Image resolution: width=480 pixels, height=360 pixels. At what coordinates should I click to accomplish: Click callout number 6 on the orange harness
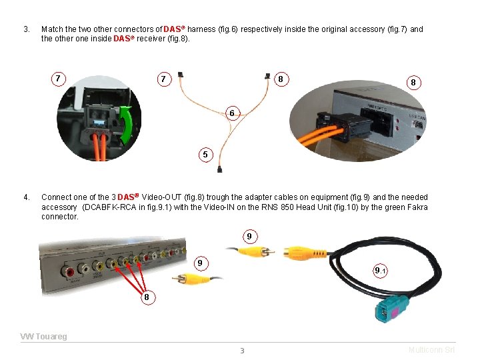pos(231,114)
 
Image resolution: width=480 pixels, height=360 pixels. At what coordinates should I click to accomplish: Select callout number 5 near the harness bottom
pos(206,155)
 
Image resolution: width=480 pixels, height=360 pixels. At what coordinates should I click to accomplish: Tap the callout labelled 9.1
pos(381,270)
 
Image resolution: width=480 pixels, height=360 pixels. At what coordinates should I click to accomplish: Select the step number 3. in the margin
pos(27,29)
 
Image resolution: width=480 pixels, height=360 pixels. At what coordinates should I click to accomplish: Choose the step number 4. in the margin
pos(27,197)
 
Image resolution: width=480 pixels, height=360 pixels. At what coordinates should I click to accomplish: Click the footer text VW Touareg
pos(44,337)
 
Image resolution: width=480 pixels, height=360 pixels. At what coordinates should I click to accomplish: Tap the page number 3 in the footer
pos(242,351)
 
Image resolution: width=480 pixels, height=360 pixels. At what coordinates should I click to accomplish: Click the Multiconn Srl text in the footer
pos(431,350)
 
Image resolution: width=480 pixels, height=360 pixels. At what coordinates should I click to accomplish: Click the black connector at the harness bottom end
pos(219,171)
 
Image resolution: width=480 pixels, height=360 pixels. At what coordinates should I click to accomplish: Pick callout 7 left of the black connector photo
pos(59,79)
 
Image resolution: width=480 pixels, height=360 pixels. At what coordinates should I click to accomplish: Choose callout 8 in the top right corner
pos(413,83)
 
